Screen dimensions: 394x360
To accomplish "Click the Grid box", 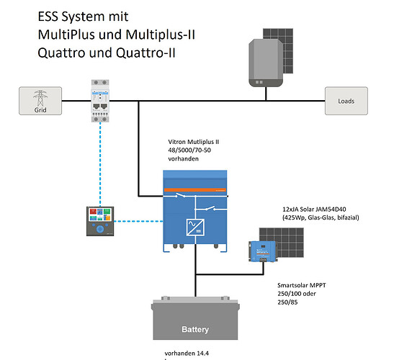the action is point(40,101).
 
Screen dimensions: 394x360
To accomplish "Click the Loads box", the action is point(346,101).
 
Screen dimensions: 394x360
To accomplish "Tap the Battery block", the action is point(195,318).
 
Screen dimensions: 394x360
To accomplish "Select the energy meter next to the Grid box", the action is point(100,101).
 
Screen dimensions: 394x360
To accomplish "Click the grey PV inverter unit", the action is point(266,63).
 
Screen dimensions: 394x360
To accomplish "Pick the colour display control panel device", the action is point(100,221).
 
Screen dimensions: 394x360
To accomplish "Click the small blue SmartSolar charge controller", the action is point(263,251).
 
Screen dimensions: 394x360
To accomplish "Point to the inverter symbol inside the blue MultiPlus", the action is point(195,228).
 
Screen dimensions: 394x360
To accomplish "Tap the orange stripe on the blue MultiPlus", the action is point(195,190).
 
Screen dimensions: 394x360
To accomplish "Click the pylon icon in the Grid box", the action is point(40,98).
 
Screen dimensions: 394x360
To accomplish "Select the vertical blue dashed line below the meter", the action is point(100,164).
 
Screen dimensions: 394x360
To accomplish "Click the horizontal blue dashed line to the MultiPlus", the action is point(138,221).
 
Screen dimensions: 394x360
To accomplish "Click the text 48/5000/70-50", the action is point(189,150).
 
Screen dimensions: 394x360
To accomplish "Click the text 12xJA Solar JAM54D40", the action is point(314,210).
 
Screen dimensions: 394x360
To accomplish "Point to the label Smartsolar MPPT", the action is point(302,285).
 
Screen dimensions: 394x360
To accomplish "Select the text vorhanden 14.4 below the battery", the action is point(187,354).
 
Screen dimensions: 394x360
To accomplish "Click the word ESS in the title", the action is point(48,17).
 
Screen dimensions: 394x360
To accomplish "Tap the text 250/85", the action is point(287,302).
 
